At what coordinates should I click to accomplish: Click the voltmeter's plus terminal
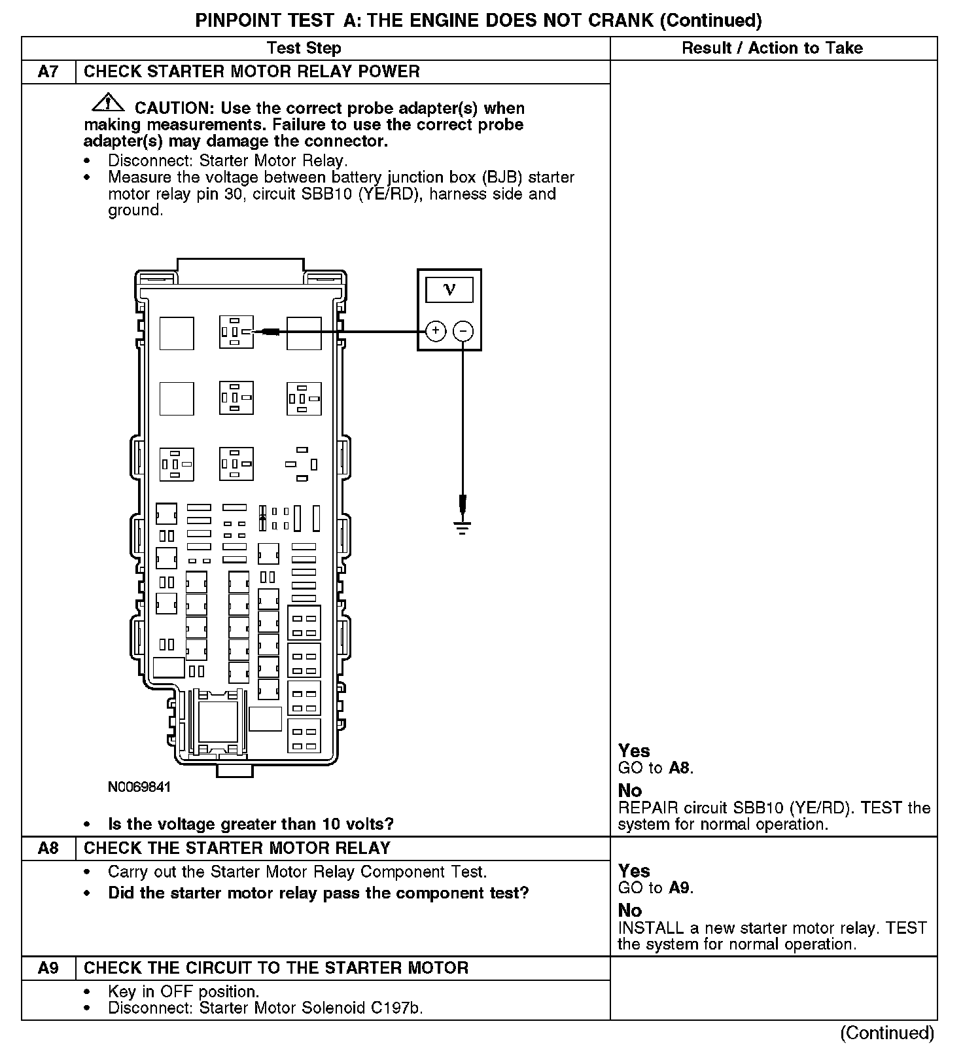[436, 332]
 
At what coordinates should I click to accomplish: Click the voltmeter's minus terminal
[463, 332]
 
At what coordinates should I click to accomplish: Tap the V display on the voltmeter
[449, 289]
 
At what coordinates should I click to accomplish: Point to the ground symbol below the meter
[463, 526]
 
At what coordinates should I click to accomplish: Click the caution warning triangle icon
[107, 103]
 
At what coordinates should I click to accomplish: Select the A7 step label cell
[48, 72]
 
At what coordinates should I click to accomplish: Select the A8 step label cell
[48, 848]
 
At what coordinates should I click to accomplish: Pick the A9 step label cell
[48, 968]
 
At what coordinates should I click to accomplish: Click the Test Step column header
[304, 48]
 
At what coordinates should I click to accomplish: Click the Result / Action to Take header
[772, 48]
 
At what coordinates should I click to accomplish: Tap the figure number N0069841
[139, 787]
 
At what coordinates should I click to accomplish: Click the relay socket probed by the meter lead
[236, 332]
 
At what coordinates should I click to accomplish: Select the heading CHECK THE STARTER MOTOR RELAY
[237, 848]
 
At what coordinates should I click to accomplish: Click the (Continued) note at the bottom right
[887, 1033]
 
